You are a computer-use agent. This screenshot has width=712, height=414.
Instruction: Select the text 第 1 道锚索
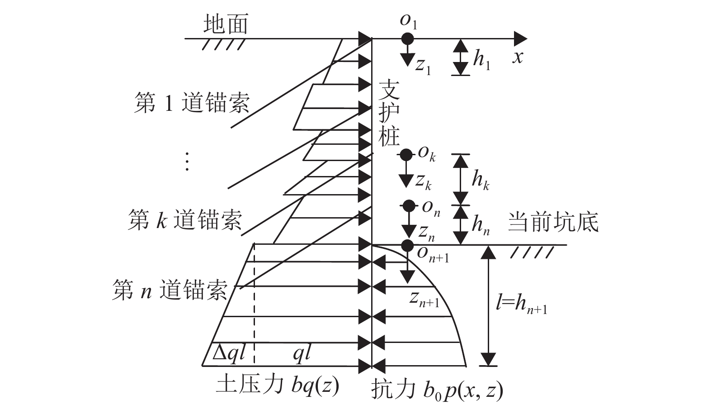pos(192,104)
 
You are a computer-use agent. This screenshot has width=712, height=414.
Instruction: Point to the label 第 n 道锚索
pos(170,290)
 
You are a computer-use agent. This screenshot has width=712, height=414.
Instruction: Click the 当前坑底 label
pos(553,222)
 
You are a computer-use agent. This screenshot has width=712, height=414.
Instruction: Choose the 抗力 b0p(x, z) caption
pos(437,390)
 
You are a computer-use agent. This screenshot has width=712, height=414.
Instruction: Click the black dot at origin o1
pos(408,38)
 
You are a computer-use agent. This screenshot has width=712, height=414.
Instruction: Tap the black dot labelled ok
pos(406,155)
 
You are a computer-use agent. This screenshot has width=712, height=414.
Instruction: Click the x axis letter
pos(517,57)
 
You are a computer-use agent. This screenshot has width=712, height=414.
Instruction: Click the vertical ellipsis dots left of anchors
pos(187,162)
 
